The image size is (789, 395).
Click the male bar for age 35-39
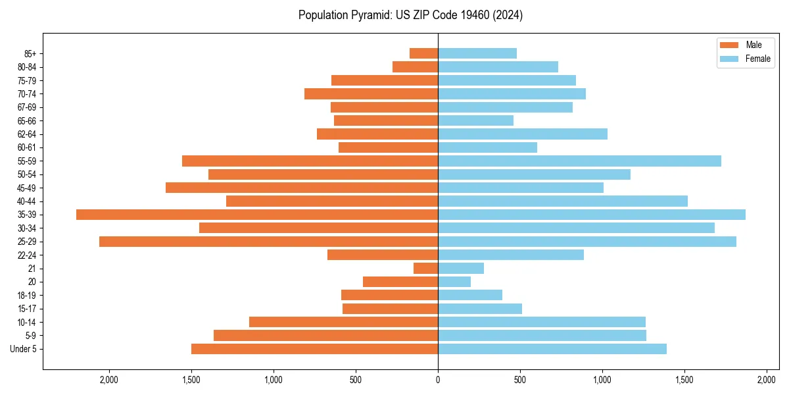point(257,215)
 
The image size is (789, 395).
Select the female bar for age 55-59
point(579,161)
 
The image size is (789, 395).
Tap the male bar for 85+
point(424,53)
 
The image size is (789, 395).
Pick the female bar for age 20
point(454,282)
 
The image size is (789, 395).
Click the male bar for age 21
point(426,268)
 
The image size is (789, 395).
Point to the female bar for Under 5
point(552,349)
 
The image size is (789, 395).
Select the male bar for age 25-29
point(268,242)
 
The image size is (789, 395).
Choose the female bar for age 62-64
point(523,134)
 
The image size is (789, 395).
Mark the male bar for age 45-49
point(302,188)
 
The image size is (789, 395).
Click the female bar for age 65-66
point(475,120)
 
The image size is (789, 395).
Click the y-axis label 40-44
point(27,201)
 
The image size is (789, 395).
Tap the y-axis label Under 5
point(24,349)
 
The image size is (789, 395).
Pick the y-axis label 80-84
point(27,67)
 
